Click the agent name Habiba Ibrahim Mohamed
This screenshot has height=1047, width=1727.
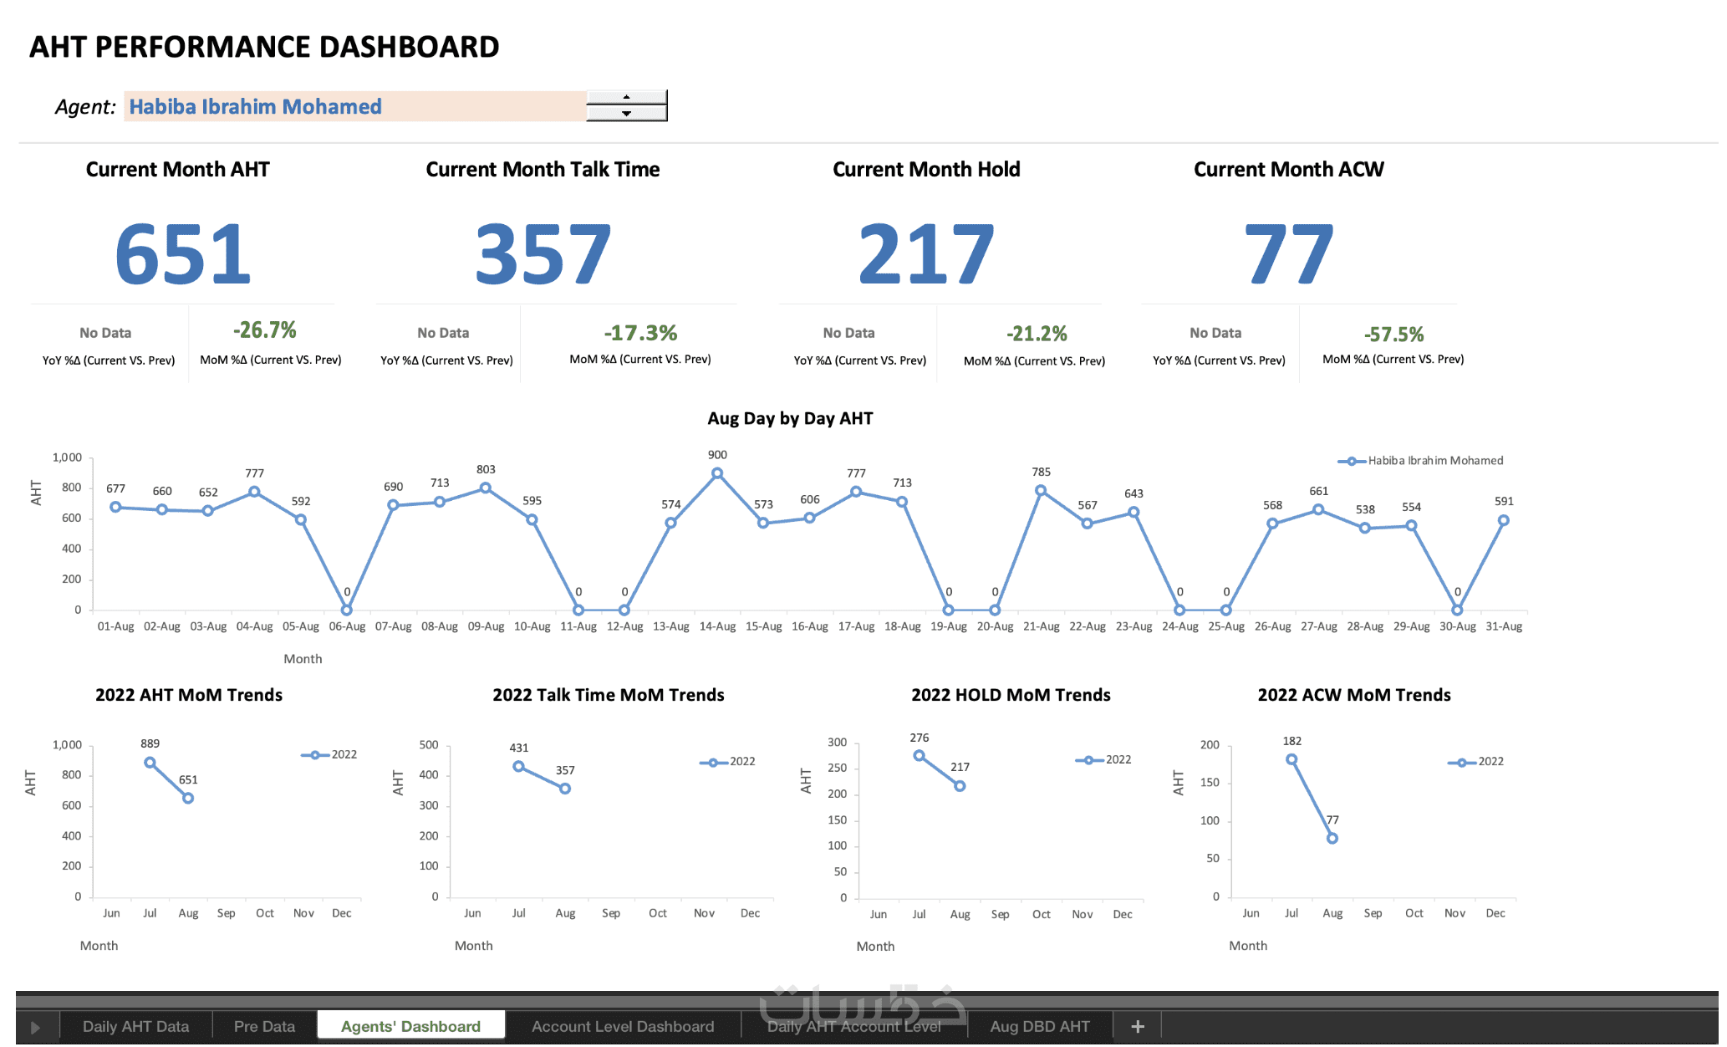(x=255, y=107)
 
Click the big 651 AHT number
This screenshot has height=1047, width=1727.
(x=183, y=254)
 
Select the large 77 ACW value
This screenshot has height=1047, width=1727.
(x=1288, y=254)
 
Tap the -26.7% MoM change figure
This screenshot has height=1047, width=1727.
(x=264, y=330)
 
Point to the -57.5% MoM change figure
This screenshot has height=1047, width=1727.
(x=1393, y=335)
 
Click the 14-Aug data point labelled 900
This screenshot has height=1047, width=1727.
(x=717, y=473)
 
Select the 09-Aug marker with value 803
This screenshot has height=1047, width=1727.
(x=486, y=488)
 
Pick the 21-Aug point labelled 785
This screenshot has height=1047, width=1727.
(x=1041, y=491)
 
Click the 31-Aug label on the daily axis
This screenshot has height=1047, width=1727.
(x=1503, y=626)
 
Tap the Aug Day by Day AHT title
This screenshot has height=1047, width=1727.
(x=790, y=419)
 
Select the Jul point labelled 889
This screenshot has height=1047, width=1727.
(x=150, y=763)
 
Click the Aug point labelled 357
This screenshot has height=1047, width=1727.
(x=565, y=789)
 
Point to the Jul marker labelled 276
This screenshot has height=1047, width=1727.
(x=919, y=755)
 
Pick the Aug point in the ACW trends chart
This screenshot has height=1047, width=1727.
(x=1332, y=838)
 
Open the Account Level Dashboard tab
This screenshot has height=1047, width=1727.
(x=623, y=1026)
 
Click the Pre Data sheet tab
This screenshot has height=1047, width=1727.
(x=264, y=1026)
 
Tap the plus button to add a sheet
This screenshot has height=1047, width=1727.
(x=1137, y=1026)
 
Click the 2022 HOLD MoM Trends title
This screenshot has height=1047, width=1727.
(x=1011, y=695)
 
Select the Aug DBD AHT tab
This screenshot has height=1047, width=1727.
(x=1040, y=1026)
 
